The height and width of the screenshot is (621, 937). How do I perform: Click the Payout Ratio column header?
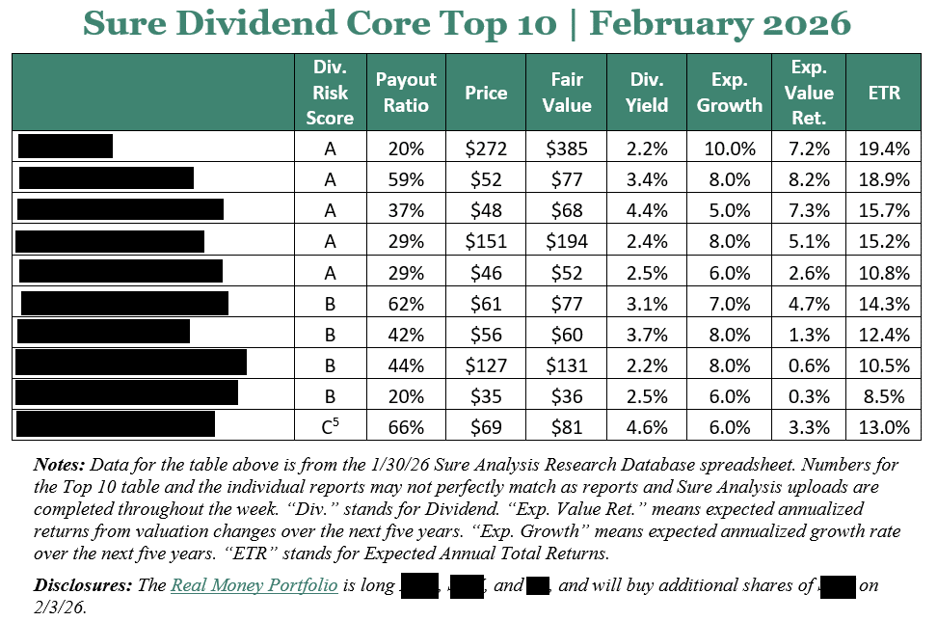pyautogui.click(x=406, y=93)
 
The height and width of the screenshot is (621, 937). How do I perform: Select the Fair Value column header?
pyautogui.click(x=567, y=93)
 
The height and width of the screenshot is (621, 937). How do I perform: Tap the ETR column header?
pyautogui.click(x=884, y=93)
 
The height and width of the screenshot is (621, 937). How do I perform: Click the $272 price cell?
pyautogui.click(x=486, y=147)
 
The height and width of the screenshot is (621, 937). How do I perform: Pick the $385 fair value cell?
pyautogui.click(x=567, y=147)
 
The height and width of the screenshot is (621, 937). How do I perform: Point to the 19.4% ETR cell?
pyautogui.click(x=884, y=147)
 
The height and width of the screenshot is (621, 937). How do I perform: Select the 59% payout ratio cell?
pyautogui.click(x=406, y=178)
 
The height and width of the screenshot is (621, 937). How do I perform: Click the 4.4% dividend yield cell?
pyautogui.click(x=648, y=209)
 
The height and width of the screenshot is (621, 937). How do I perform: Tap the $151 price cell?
pyautogui.click(x=486, y=240)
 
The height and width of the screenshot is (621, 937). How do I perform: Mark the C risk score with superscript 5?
pyautogui.click(x=331, y=425)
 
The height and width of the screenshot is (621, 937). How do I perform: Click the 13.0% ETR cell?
pyautogui.click(x=884, y=425)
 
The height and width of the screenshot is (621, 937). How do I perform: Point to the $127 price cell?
pyautogui.click(x=486, y=364)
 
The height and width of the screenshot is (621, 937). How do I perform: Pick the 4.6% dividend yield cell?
pyautogui.click(x=648, y=425)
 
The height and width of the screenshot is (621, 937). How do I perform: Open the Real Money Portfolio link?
pyautogui.click(x=254, y=585)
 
